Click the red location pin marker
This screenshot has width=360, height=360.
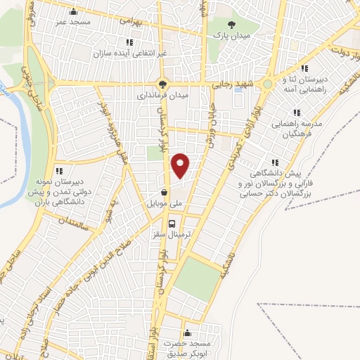(x=181, y=165)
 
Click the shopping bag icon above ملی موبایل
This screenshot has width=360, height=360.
(x=164, y=191)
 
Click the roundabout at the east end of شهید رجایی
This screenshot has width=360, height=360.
(x=268, y=84)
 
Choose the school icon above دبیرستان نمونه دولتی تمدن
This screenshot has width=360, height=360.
(x=60, y=171)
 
